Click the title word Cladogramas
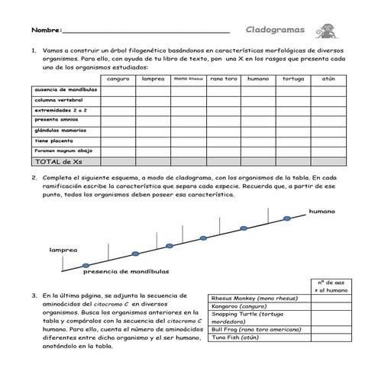(x=275, y=31)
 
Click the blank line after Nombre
(x=145, y=31)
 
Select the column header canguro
(x=118, y=79)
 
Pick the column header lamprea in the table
(x=153, y=79)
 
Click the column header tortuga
(x=293, y=79)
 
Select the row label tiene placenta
(x=53, y=141)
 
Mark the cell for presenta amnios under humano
(x=258, y=120)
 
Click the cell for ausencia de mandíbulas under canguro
(x=118, y=89)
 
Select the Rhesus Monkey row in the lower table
(x=259, y=299)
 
